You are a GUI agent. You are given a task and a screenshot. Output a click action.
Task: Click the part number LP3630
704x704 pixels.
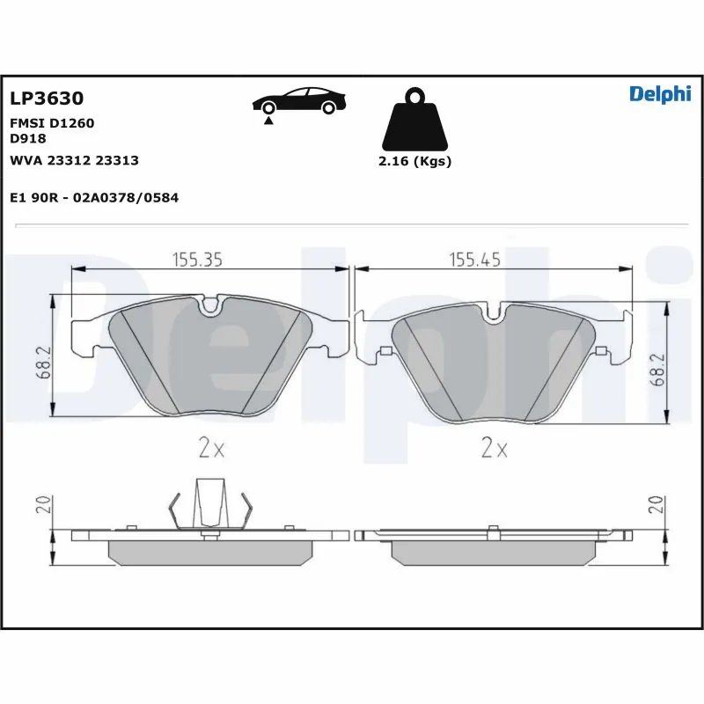coord(46,99)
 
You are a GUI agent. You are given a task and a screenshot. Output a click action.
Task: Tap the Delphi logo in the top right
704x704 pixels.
coord(660,95)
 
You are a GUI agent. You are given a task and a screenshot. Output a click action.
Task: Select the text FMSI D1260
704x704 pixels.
coord(51,123)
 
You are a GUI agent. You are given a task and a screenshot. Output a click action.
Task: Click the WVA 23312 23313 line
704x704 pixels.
coord(74,160)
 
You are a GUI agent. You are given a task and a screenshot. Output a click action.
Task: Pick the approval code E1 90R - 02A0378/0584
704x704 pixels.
coord(94,198)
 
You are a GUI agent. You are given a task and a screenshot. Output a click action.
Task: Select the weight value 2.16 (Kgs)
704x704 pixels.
coord(414,162)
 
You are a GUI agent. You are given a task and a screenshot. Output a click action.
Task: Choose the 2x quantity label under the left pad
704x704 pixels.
coord(211,449)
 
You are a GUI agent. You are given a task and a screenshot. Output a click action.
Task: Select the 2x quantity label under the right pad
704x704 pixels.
coord(495,449)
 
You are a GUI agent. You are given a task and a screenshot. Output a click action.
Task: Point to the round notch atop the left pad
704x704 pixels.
coord(209,306)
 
